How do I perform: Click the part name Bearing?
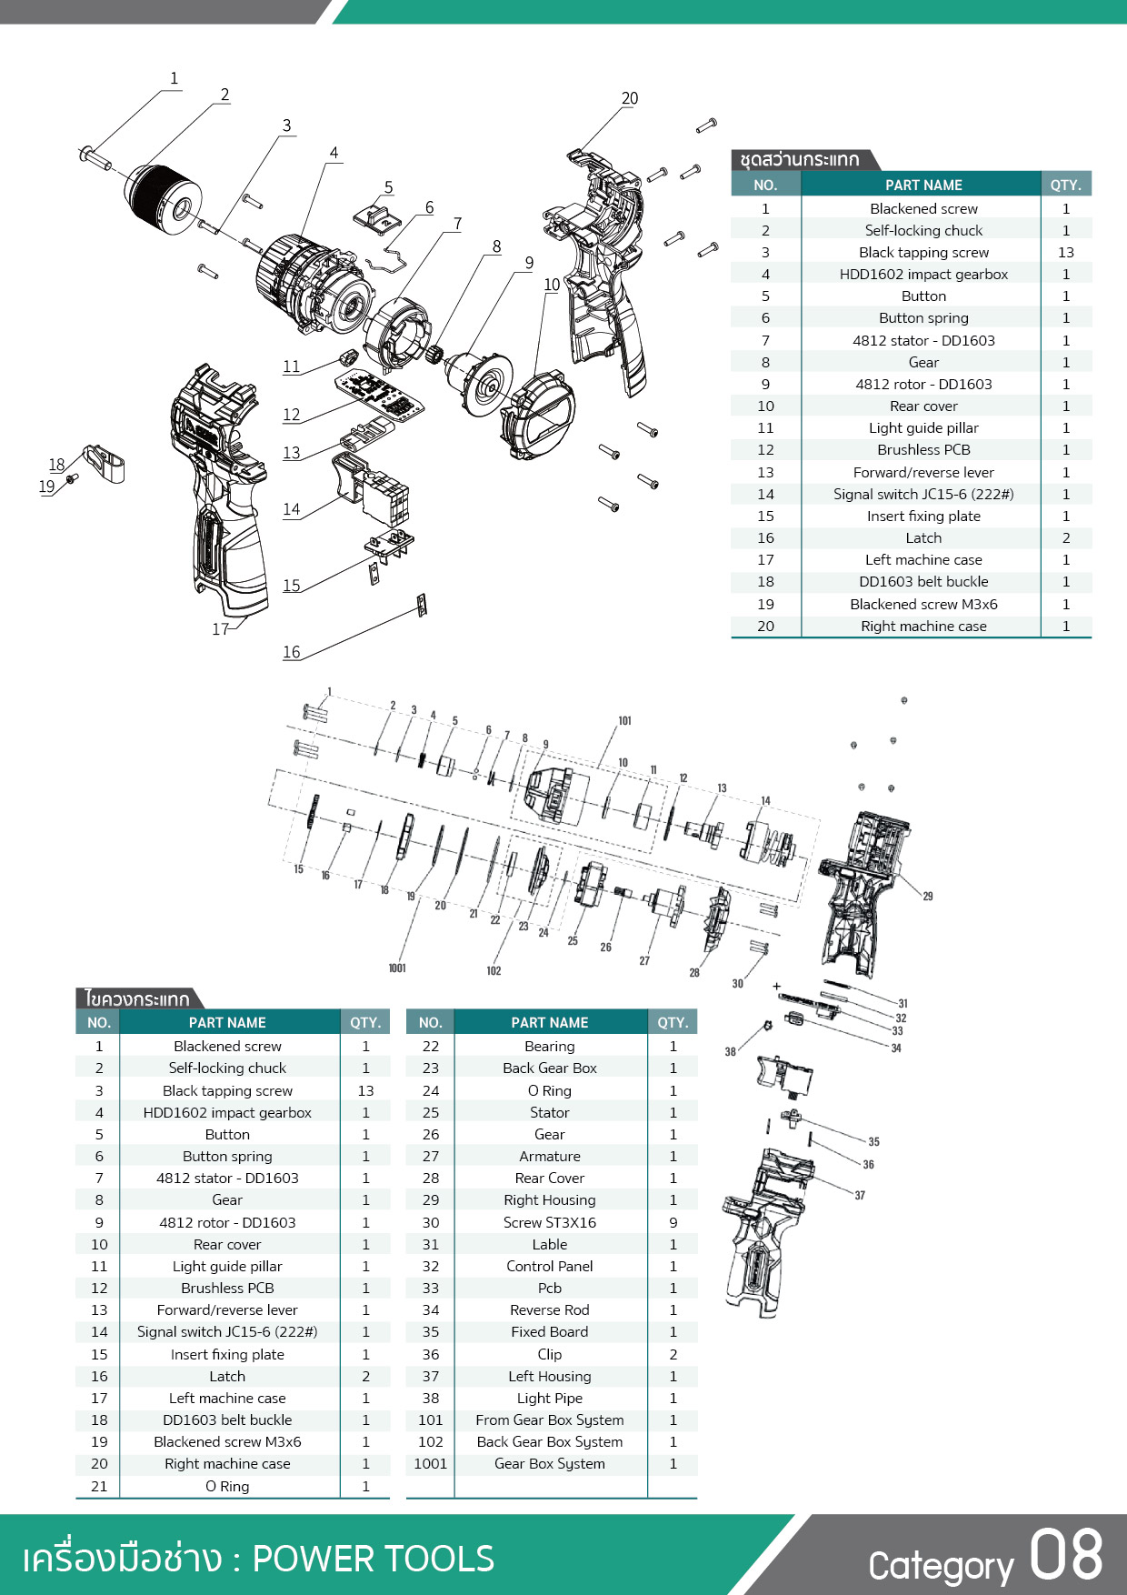[x=549, y=1047]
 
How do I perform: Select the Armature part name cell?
[x=549, y=1157]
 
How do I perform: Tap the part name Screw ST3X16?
[x=549, y=1222]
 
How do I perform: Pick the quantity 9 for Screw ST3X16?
[x=673, y=1222]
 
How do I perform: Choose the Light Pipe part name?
[x=549, y=1399]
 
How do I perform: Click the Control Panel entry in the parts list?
[x=549, y=1267]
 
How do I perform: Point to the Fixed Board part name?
[x=549, y=1332]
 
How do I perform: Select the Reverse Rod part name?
[x=549, y=1310]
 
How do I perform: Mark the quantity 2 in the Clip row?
[x=673, y=1355]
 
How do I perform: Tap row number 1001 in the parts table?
[x=430, y=1464]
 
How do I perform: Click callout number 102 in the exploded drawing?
[x=494, y=971]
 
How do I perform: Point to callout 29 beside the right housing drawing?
[x=928, y=897]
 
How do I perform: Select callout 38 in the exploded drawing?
[x=730, y=1052]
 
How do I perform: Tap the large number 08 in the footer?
[x=1066, y=1555]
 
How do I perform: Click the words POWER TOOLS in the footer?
[x=373, y=1559]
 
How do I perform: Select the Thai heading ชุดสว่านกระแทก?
[x=799, y=160]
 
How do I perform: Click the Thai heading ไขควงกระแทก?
[x=136, y=999]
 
